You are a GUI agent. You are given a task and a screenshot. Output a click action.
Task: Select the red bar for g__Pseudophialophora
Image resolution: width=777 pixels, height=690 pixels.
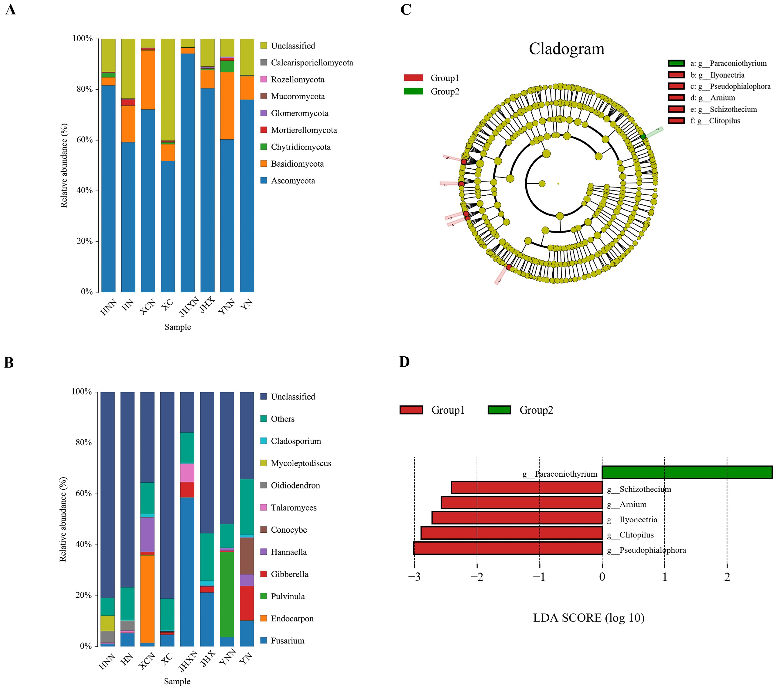point(508,548)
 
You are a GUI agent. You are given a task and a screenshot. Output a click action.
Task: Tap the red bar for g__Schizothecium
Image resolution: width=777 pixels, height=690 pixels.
point(526,487)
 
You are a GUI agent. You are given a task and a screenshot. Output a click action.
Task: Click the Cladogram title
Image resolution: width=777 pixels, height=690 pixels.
point(566,49)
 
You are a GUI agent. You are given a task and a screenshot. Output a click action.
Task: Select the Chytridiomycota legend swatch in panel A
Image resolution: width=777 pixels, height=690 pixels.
point(263,147)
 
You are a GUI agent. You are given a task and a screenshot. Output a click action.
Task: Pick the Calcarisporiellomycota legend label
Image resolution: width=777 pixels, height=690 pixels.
point(312,63)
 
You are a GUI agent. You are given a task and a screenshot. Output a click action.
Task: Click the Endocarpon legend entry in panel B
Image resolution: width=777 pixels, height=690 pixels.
point(292,619)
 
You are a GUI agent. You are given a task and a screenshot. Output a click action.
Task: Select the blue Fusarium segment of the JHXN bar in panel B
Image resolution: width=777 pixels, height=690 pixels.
point(187,570)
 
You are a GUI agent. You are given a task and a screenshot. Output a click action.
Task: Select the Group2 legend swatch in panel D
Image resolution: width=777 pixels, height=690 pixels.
point(499,410)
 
